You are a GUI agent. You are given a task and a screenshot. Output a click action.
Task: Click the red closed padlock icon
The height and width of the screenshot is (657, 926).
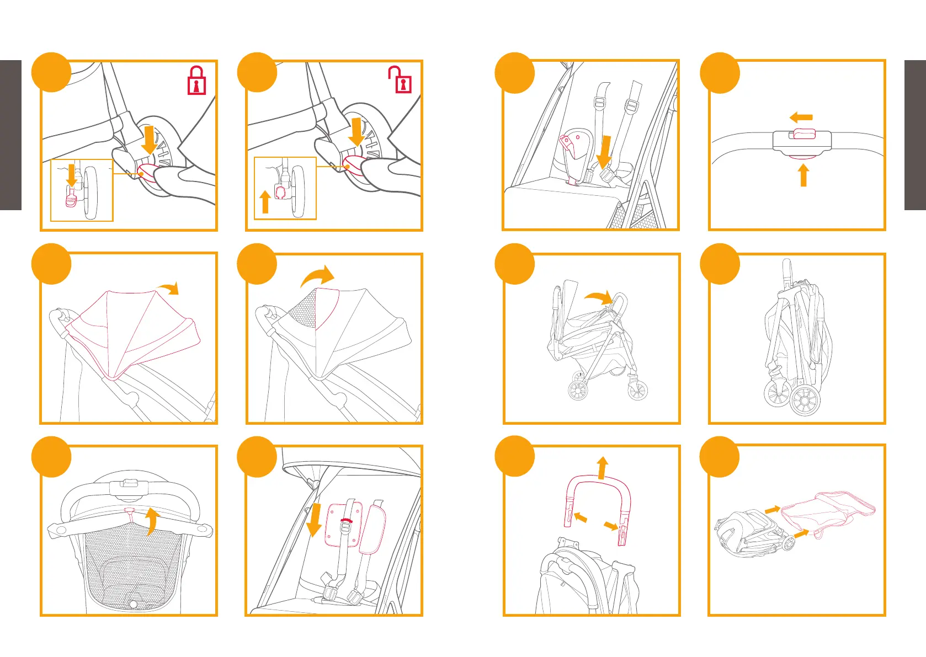[x=197, y=81]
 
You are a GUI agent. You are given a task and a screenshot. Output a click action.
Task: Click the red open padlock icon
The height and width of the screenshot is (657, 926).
[x=401, y=81]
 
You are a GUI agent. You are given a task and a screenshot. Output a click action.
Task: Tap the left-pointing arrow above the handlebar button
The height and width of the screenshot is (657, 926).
[x=801, y=117]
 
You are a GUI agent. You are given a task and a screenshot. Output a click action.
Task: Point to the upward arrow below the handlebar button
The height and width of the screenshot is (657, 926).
[x=803, y=175]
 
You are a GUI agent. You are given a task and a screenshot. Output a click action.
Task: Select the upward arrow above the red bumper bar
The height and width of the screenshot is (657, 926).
[x=602, y=467]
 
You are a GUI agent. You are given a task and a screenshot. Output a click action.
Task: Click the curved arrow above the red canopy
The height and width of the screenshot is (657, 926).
[x=168, y=289]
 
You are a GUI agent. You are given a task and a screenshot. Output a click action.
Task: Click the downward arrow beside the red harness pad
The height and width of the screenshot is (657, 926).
[x=314, y=519]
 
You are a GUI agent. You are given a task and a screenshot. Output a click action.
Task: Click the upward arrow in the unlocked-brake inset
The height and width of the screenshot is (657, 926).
[x=265, y=202]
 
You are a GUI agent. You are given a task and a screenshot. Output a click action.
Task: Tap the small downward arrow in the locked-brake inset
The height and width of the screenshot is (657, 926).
[x=71, y=175]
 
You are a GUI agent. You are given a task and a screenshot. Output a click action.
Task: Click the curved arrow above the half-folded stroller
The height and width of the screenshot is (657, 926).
[x=599, y=298]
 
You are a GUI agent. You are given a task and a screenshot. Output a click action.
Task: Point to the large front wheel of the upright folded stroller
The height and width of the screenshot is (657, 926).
[x=805, y=400]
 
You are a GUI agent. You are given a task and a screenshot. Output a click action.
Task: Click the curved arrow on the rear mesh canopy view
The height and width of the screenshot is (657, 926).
[x=152, y=521]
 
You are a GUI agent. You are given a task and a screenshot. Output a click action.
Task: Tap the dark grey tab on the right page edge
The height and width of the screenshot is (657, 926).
[x=915, y=135]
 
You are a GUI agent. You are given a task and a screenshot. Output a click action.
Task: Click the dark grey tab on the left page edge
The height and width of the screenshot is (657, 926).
[x=10, y=135]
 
